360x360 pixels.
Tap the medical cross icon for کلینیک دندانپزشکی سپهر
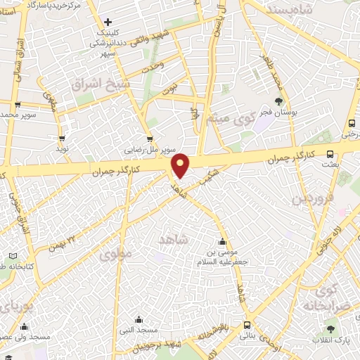click(108, 22)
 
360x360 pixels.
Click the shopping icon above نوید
click(62, 139)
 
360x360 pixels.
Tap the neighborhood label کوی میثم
click(224, 119)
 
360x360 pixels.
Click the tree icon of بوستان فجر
click(279, 102)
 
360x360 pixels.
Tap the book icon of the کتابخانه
click(12, 256)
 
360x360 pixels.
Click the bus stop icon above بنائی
click(247, 325)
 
